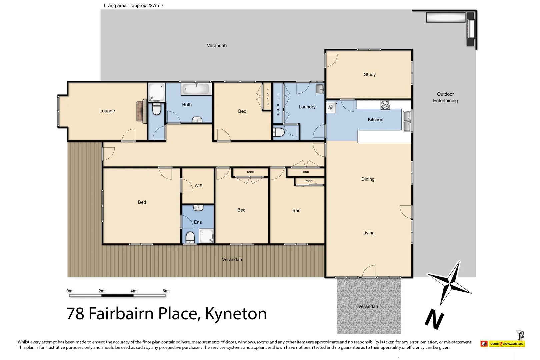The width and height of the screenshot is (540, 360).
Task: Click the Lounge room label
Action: [x=107, y=111]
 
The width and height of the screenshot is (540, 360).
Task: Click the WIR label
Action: [x=199, y=186]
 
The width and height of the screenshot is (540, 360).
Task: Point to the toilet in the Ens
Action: [x=190, y=237]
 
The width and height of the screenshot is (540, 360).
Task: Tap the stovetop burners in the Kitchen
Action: [x=385, y=105]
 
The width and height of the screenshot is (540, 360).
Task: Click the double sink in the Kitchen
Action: [x=407, y=121]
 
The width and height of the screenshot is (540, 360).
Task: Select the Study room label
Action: [x=370, y=75]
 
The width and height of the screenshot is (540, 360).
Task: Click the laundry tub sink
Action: [x=320, y=89]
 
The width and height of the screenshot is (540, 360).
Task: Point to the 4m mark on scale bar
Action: [x=133, y=291]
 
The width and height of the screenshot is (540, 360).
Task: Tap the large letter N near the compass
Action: [x=434, y=319]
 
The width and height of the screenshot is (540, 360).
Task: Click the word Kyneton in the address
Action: [x=236, y=314]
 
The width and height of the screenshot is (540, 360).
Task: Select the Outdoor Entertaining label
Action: [x=445, y=97]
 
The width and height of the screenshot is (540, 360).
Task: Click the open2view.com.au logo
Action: [x=503, y=343]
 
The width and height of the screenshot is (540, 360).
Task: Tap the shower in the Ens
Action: [x=206, y=236]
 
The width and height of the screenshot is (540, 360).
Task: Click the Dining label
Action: [x=368, y=179]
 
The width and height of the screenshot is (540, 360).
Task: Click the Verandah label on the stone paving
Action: [x=368, y=307]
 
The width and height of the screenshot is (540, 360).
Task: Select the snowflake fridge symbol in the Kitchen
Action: [x=331, y=108]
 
